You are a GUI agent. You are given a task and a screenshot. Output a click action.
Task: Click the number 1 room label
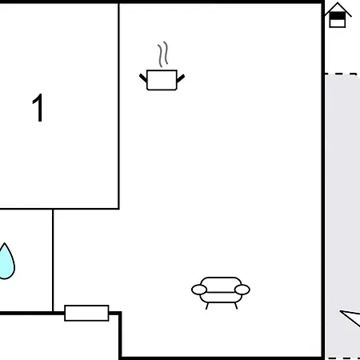click(x=38, y=108)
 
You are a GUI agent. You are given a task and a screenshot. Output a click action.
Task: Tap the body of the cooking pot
click(x=162, y=80)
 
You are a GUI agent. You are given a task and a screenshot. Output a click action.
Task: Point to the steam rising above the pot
click(x=163, y=54)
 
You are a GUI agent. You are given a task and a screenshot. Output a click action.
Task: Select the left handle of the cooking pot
click(x=143, y=78)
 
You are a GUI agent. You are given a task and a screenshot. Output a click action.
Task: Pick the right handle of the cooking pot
click(x=181, y=78)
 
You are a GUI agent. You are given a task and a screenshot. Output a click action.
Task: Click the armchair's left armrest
click(x=199, y=290)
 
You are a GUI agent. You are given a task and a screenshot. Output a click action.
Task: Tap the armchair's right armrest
click(x=242, y=290)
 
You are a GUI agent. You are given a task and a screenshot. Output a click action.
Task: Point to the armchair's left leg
click(x=207, y=306)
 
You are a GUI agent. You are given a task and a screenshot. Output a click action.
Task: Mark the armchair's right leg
click(x=236, y=306)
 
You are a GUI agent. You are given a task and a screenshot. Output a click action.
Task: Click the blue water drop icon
click(x=6, y=262)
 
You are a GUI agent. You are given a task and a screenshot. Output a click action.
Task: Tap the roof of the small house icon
click(x=338, y=10)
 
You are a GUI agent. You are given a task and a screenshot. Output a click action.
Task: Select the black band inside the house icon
click(x=338, y=16)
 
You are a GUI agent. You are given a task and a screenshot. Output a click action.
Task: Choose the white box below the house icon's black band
click(x=338, y=23)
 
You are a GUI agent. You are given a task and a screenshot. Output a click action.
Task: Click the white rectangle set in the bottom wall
click(x=86, y=313)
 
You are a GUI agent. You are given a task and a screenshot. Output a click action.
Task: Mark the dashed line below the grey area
click(x=344, y=358)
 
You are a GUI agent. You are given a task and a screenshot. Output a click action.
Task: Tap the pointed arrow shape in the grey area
click(x=350, y=318)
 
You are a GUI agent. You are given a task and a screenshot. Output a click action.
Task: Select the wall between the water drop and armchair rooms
click(x=53, y=261)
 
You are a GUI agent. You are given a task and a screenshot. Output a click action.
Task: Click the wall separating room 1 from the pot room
click(x=118, y=106)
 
